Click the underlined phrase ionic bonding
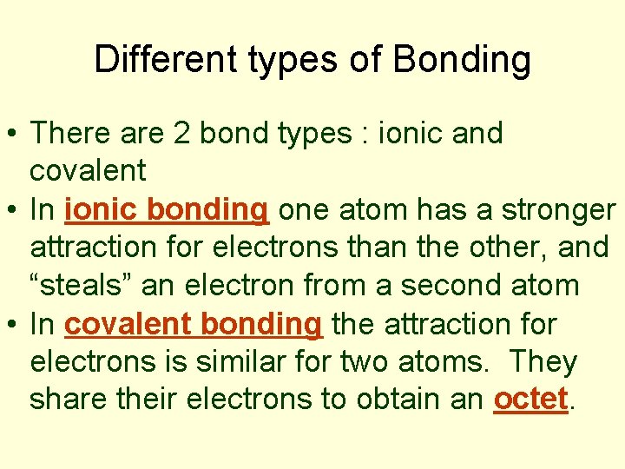(x=166, y=210)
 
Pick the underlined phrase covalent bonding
(x=193, y=325)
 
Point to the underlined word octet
(x=531, y=399)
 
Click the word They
(x=543, y=361)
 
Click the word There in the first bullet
(x=70, y=134)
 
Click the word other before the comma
(x=503, y=248)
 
